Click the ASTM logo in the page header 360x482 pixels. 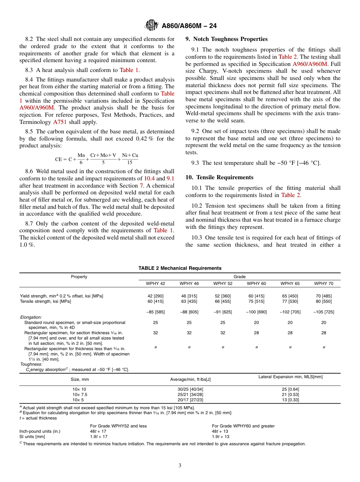(x=152, y=26)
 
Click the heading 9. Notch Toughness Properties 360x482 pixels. (x=226, y=39)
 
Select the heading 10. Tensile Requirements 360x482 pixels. (x=219, y=177)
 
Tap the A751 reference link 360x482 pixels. (x=59, y=122)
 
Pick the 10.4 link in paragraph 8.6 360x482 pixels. (x=149, y=178)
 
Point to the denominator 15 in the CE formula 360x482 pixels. (x=130, y=162)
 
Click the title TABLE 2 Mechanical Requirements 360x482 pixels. (x=180, y=268)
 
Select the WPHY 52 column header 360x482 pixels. (x=223, y=283)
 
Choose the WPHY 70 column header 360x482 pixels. (x=324, y=283)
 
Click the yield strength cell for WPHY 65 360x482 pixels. (x=290, y=296)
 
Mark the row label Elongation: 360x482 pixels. (x=31, y=317)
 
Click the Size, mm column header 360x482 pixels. (x=80, y=379)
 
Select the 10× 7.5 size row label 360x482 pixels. (x=80, y=394)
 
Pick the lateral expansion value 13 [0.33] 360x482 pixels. (x=290, y=400)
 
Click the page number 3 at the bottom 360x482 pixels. (x=180, y=466)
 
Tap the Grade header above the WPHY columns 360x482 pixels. (x=239, y=277)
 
